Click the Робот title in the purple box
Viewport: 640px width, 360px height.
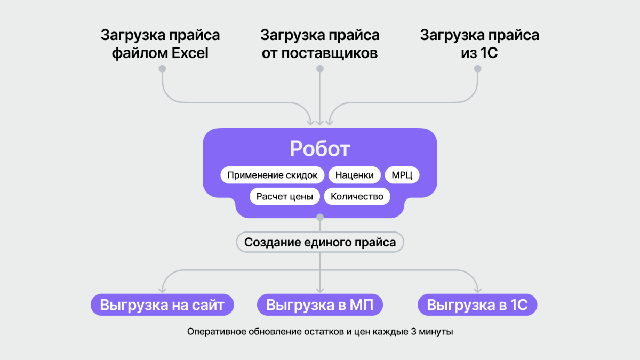coord(319,149)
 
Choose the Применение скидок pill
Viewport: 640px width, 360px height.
coord(272,175)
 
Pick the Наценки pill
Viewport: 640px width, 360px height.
coord(355,175)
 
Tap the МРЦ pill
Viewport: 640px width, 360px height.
coord(402,175)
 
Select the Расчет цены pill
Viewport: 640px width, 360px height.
coord(285,196)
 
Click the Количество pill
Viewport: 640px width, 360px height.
coord(357,196)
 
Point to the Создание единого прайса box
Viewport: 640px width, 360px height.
coord(320,243)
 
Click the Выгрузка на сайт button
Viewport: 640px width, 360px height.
coord(162,306)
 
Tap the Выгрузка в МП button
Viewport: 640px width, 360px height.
coord(320,306)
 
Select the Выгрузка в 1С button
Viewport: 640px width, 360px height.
coord(477,306)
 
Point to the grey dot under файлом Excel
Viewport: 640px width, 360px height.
coord(162,69)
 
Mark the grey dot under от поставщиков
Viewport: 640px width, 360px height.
coord(320,69)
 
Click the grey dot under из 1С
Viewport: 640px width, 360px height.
coord(478,69)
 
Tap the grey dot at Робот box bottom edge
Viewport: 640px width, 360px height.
coord(320,217)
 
